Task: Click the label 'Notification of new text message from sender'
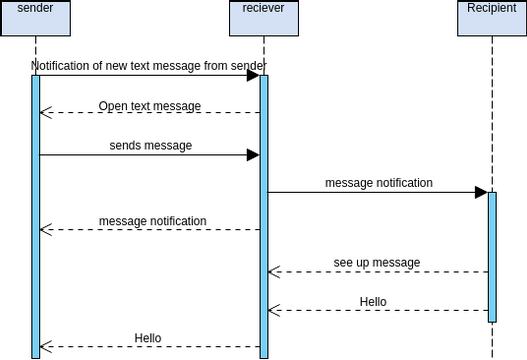click(x=148, y=66)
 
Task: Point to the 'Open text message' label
click(x=149, y=106)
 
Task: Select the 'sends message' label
click(x=150, y=145)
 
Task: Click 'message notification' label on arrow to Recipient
click(x=378, y=183)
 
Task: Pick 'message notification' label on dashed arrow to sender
click(x=152, y=221)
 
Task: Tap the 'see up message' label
click(x=376, y=263)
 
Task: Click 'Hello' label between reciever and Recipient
click(x=373, y=301)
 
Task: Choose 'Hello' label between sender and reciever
click(x=148, y=338)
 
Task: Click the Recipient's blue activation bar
click(x=491, y=256)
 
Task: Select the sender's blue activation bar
click(x=35, y=215)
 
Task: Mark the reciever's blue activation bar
click(x=264, y=215)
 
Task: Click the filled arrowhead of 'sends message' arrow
click(x=253, y=155)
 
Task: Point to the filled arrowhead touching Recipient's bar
click(x=480, y=192)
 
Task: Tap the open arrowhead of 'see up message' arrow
click(x=273, y=272)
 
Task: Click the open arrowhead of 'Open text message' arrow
click(x=45, y=113)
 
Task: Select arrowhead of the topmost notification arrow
click(x=253, y=75)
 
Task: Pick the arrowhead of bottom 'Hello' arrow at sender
click(x=45, y=347)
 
